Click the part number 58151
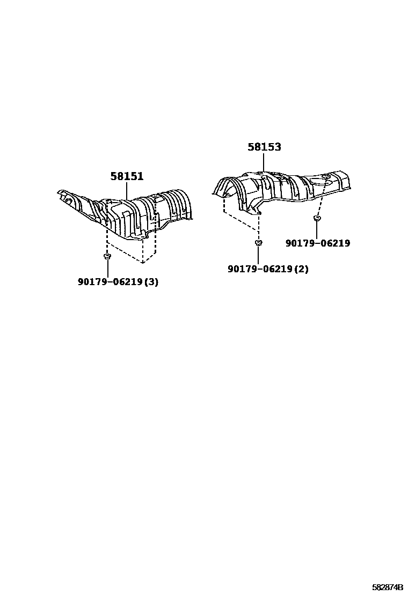pyautogui.click(x=127, y=176)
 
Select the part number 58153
pyautogui.click(x=264, y=147)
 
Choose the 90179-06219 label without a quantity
pyautogui.click(x=317, y=243)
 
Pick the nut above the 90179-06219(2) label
pyautogui.click(x=258, y=243)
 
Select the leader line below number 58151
pyautogui.click(x=127, y=191)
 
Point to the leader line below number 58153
pyautogui.click(x=264, y=163)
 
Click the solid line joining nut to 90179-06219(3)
pyautogui.click(x=107, y=269)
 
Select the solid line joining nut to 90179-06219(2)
pyautogui.click(x=258, y=255)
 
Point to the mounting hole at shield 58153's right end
pyautogui.click(x=326, y=176)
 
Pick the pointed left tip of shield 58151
pyautogui.click(x=61, y=192)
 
